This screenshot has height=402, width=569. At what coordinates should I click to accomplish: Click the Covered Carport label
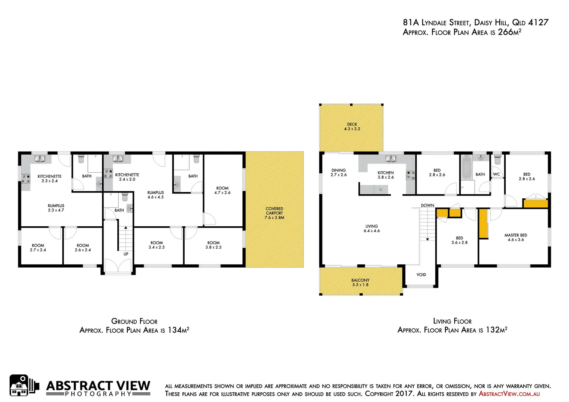coord(274,213)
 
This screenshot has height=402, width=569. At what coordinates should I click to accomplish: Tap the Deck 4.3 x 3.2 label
coord(352,127)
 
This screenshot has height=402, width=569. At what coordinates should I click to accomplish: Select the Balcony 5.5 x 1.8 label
coord(360,282)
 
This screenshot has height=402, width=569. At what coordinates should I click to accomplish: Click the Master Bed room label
coord(516,237)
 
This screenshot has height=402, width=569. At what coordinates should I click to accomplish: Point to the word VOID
coord(421,275)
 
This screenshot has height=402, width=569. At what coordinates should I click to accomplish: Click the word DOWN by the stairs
coord(427,205)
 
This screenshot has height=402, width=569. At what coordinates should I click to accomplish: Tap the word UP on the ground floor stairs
coord(126,254)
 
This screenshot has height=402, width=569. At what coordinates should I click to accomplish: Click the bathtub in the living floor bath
coord(466,167)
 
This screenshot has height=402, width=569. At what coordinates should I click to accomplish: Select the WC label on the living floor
coord(496,174)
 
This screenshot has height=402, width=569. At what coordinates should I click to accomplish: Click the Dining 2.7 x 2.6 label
coord(338,172)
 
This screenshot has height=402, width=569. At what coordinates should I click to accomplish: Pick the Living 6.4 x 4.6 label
coord(372,228)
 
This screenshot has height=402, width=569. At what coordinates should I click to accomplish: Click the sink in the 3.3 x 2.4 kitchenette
coord(40,159)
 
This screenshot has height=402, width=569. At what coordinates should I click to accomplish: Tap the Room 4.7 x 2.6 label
coord(222,190)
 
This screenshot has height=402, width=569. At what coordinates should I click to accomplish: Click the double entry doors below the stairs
coord(118,267)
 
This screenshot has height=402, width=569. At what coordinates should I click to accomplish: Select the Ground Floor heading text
coord(134,321)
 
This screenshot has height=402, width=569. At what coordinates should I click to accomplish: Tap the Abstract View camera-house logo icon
coord(24,386)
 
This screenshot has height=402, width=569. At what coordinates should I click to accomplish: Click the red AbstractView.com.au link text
coord(509,393)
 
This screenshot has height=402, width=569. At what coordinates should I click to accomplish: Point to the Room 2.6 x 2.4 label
coord(83,248)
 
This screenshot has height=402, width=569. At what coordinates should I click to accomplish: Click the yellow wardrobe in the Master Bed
coord(483,224)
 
